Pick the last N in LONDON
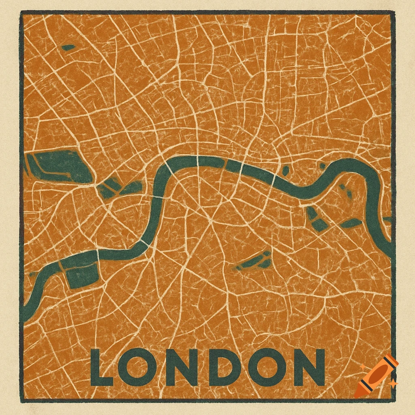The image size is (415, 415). click(x=310, y=367)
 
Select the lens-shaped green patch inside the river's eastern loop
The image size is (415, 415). click(x=351, y=223)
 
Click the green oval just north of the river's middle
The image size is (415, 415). click(x=285, y=171)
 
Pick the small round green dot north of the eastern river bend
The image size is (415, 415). click(x=323, y=166)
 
